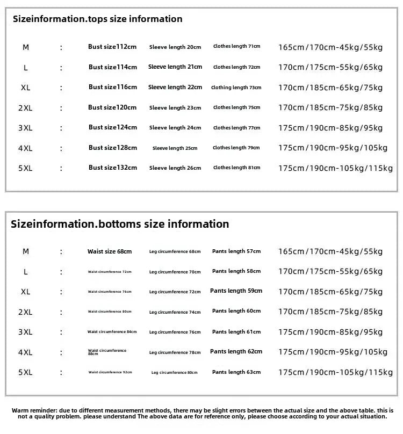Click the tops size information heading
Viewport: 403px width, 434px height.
tap(97, 19)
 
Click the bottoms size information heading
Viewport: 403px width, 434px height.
tap(120, 224)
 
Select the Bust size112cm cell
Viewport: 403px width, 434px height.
tap(112, 47)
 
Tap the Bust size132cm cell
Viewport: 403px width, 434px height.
tap(113, 168)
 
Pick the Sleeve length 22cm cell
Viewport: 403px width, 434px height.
tap(175, 87)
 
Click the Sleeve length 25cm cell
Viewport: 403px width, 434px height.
tap(175, 148)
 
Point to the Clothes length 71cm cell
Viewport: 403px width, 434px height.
tap(236, 47)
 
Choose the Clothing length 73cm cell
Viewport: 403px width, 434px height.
tap(236, 88)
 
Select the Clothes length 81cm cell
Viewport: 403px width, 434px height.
tap(236, 168)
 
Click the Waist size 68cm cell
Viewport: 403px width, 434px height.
tap(110, 251)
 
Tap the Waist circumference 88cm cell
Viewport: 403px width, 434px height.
tap(107, 352)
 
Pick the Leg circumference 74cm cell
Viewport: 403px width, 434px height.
tap(175, 312)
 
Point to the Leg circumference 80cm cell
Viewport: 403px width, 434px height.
tap(174, 372)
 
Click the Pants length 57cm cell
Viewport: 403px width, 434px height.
tap(236, 251)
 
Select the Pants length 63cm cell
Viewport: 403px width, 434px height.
tap(236, 372)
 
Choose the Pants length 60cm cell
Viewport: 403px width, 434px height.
tap(236, 312)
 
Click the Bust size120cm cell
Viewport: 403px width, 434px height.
tap(113, 107)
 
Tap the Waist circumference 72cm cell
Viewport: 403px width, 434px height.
tap(110, 272)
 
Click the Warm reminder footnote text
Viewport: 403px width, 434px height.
tap(199, 413)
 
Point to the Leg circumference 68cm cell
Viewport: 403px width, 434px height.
tap(175, 251)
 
